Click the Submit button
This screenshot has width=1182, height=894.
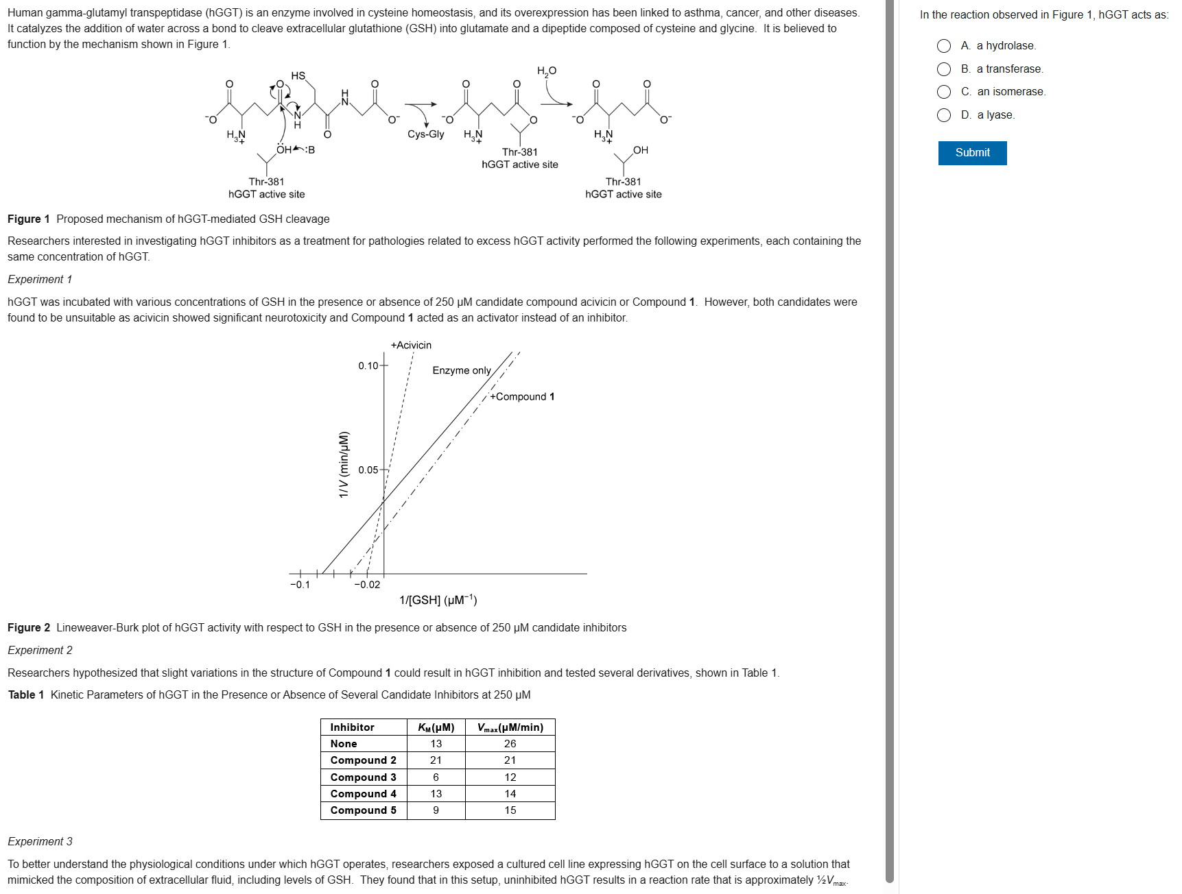pos(971,153)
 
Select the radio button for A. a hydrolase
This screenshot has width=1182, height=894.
pos(944,46)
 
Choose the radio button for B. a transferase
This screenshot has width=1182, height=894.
pos(944,69)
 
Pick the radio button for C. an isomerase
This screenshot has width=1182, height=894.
pos(944,92)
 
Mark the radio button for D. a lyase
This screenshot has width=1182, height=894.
pos(944,115)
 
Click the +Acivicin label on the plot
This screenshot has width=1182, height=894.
pos(411,346)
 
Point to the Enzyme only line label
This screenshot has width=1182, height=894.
pos(462,371)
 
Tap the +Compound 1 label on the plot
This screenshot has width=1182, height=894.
pos(522,397)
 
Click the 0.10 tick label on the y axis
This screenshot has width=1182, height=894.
pos(368,366)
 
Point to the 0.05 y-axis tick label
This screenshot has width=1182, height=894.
pos(368,470)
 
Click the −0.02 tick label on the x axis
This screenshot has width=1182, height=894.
pos(367,585)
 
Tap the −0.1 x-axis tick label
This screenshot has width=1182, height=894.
pos(300,585)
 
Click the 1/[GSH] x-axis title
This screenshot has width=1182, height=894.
pos(438,601)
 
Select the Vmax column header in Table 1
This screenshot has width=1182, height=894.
pos(510,727)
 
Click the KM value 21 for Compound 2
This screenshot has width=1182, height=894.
pos(436,760)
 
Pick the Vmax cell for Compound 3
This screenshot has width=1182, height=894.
pos(510,777)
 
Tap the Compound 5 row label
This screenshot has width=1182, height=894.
pos(363,810)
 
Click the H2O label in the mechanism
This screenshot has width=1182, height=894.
pos(547,71)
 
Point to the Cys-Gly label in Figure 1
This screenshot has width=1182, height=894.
pos(425,134)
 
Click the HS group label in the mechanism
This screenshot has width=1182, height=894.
pos(298,76)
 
